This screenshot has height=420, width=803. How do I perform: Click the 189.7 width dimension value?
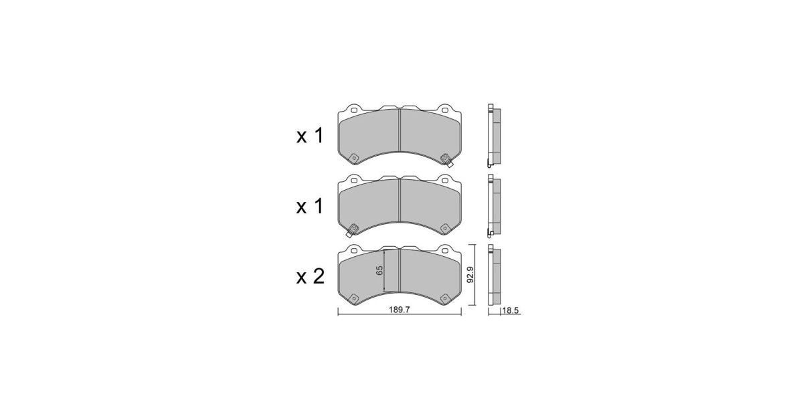(399, 310)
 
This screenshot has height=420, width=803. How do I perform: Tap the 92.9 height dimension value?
(470, 275)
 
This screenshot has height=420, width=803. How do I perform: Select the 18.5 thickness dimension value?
(510, 310)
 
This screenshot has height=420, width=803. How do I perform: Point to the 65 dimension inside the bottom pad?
(379, 270)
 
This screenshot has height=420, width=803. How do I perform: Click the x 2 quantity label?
(310, 277)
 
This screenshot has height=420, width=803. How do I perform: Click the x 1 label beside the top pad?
(310, 136)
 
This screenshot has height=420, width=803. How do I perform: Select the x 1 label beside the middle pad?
(310, 207)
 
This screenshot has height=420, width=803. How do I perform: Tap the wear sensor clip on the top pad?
(447, 160)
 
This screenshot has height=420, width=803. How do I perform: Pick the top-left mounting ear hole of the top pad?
(353, 110)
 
